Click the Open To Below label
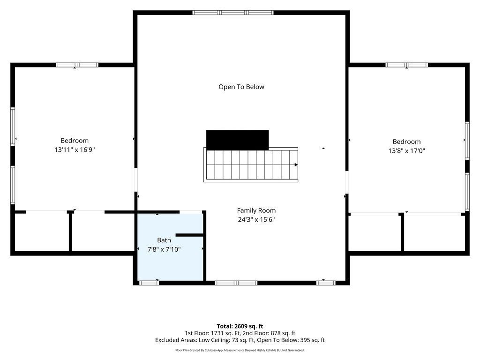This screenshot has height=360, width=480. (x=241, y=87)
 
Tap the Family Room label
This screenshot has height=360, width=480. (x=256, y=210)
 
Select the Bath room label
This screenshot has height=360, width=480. (x=164, y=240)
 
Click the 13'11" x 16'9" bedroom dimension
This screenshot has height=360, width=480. (x=75, y=150)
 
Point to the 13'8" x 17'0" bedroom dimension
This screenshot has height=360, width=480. (x=406, y=150)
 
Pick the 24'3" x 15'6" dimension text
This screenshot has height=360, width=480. (x=256, y=219)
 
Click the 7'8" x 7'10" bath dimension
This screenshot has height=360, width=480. (x=164, y=249)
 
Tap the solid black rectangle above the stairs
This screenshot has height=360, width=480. (x=238, y=140)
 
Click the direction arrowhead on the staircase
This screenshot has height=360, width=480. (x=296, y=165)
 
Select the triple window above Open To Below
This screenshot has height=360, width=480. (x=233, y=13)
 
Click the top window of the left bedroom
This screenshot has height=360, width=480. (x=77, y=65)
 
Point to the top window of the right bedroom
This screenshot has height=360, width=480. (x=406, y=65)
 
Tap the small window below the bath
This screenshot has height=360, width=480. (x=149, y=283)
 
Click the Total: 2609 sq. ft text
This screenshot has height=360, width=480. (x=240, y=326)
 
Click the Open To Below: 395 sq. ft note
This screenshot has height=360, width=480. (x=291, y=340)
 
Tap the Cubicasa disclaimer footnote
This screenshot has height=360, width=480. (x=240, y=350)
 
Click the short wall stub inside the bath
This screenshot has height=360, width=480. (x=190, y=235)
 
